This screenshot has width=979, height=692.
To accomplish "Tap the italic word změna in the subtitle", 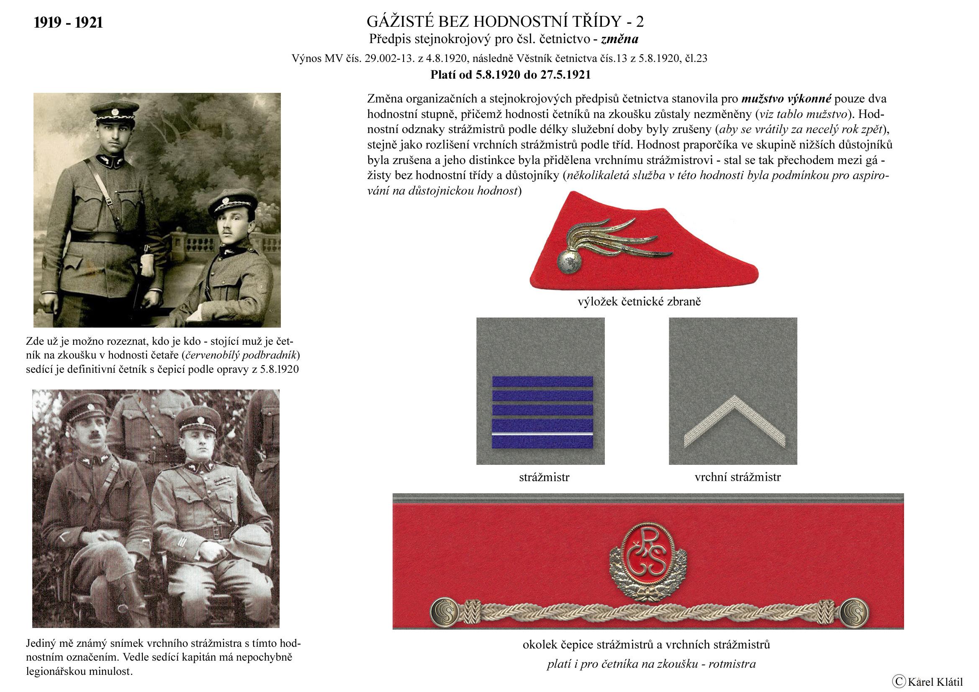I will coord(619,40).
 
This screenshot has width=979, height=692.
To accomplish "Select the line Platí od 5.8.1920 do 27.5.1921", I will coord(510,75).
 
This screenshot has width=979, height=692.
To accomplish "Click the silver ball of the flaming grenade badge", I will coord(569,261).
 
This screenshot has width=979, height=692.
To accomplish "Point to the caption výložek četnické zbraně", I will coord(639,302).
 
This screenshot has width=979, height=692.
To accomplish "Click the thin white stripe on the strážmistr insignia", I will coord(542,433).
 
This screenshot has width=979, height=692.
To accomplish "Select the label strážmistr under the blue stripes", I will coord(544,477).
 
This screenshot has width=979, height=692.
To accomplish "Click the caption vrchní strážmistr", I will coord(737,477).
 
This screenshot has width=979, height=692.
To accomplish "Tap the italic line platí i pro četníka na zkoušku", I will coord(651,664).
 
